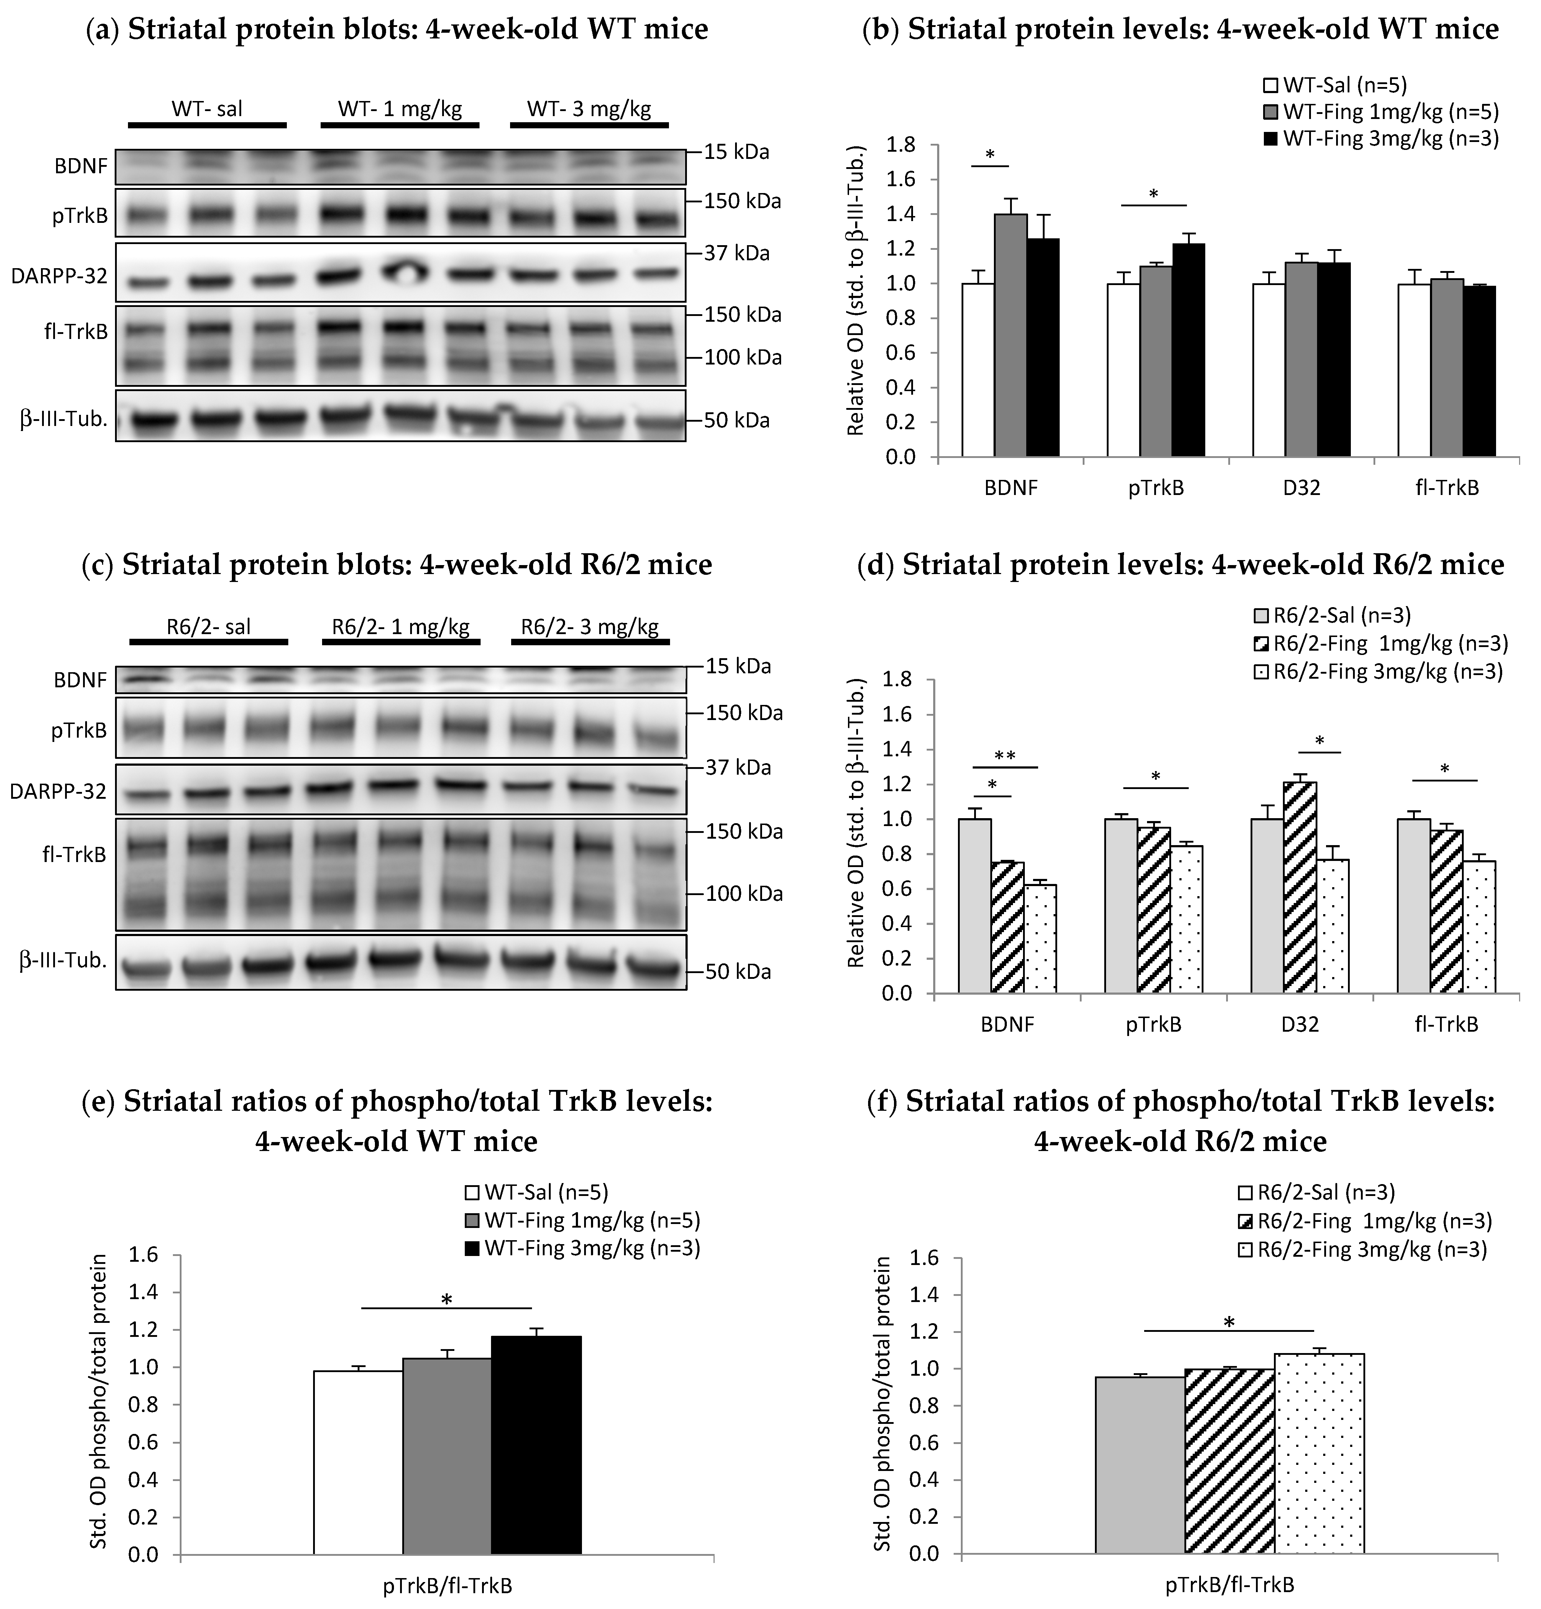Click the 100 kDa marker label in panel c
click(x=744, y=893)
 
